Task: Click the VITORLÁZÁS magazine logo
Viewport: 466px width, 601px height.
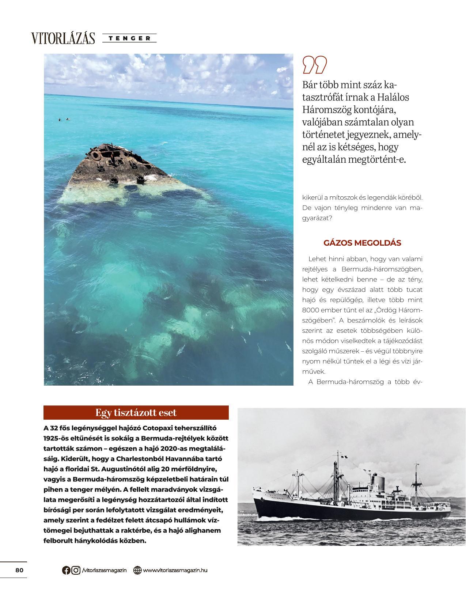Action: (x=63, y=38)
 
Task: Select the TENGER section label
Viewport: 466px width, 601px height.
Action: (x=129, y=38)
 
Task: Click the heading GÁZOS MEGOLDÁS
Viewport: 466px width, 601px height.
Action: (x=362, y=243)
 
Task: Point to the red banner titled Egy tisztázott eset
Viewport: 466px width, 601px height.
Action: (x=136, y=412)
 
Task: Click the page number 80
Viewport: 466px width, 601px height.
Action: (x=19, y=570)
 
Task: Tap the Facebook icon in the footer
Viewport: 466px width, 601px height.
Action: (x=66, y=570)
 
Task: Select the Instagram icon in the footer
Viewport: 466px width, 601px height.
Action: (x=76, y=570)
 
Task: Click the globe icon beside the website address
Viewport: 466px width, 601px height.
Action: (x=137, y=570)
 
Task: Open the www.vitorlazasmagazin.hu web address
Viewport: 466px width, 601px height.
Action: (x=175, y=570)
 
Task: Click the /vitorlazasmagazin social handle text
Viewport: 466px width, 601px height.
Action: (x=105, y=570)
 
